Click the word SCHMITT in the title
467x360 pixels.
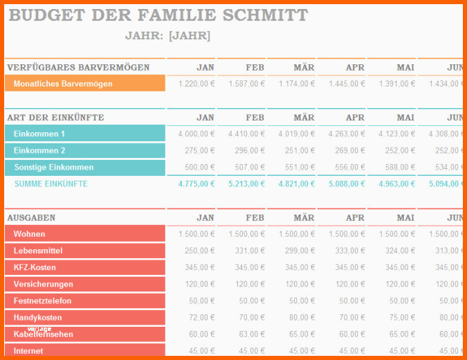coord(264,16)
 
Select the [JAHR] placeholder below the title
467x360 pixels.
coord(190,36)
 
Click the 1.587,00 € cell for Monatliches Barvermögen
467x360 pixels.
coord(247,84)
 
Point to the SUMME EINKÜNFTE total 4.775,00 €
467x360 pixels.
coord(196,183)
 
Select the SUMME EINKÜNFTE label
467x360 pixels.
coord(51,183)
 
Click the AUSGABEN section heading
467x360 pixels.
coord(31,217)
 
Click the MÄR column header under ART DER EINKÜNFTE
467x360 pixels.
coord(304,118)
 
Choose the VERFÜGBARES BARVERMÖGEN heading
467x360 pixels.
coord(78,67)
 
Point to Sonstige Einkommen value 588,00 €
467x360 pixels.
coord(397,167)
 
